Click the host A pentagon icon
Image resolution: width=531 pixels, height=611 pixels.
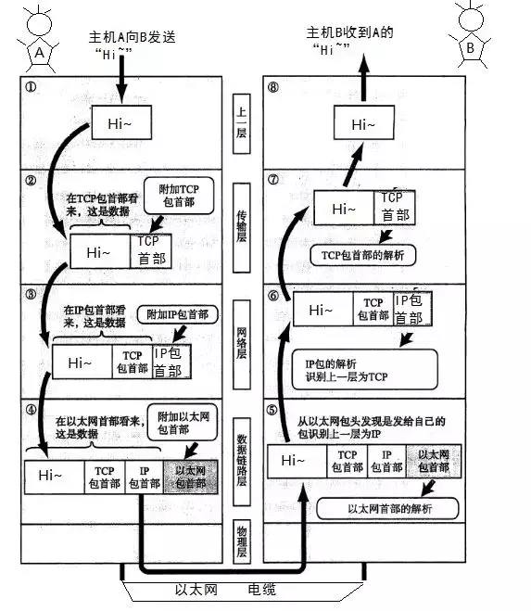tap(39, 54)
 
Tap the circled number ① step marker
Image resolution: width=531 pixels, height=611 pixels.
tap(32, 91)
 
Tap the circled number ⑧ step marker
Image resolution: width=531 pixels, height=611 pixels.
tap(273, 91)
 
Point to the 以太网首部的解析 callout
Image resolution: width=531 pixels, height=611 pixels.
tap(389, 509)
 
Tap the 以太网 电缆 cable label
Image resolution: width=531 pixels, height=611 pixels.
tap(223, 590)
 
